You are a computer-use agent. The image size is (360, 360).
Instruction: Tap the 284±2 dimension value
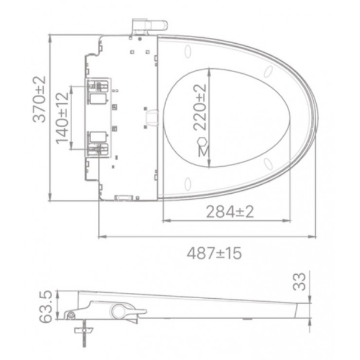[230, 211]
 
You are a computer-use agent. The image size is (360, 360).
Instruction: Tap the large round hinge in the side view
[118, 310]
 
